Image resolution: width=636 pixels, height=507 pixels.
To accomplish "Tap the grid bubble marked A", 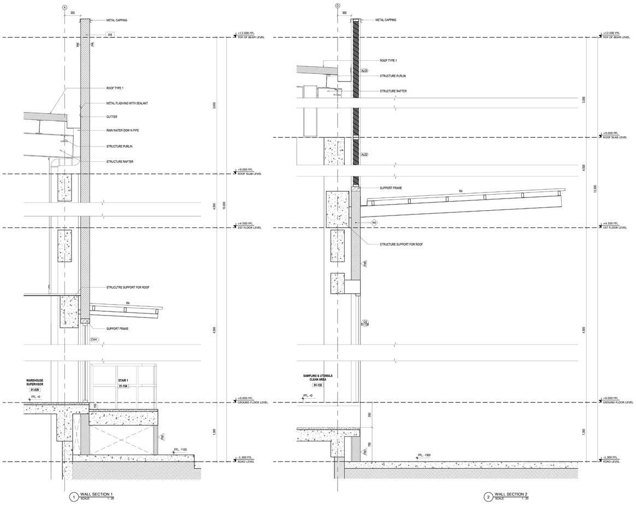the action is pos(64,7).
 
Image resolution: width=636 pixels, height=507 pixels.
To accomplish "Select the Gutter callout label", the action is pos(111,116).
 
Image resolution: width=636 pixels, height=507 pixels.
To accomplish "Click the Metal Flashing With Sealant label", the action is pos(127,103).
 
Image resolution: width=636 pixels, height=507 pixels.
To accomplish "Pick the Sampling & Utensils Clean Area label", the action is pos(317,378).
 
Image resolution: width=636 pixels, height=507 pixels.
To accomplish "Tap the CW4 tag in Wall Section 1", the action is pos(94,340).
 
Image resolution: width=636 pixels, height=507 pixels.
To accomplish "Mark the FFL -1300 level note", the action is pos(424,455).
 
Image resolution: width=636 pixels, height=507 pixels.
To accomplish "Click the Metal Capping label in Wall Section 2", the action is pos(386,20).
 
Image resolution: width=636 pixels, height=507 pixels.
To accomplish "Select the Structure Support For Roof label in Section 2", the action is pos(402,244).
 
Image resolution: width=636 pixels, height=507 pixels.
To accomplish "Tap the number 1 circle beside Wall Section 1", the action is pos(73,497).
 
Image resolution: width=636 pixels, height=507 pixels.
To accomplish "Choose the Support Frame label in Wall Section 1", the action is pos(117,328).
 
